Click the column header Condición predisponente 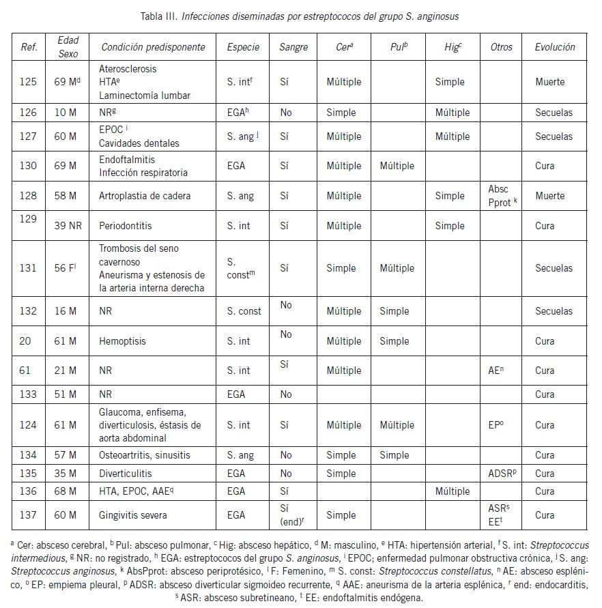(x=153, y=47)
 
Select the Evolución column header (x=554, y=47)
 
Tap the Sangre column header (x=293, y=47)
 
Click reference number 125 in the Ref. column (x=29, y=82)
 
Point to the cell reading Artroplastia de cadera (x=145, y=196)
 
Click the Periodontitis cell (x=126, y=225)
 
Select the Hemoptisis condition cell (x=122, y=341)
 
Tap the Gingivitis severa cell (x=132, y=515)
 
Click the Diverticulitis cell (x=126, y=473)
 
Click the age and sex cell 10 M (x=66, y=113)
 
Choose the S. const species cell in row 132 (x=244, y=311)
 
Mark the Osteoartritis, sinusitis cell (x=145, y=455)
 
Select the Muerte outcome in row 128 (x=550, y=196)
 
